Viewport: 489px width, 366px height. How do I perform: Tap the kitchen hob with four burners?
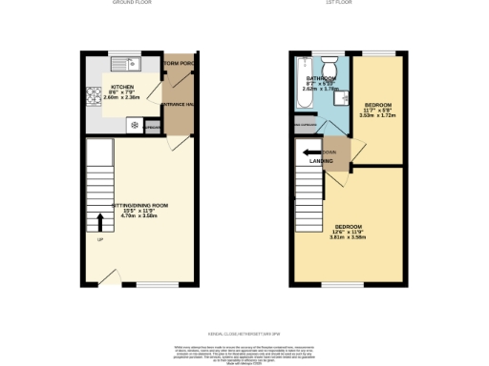[x=95, y=95]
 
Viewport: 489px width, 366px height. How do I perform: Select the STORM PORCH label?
[x=180, y=64]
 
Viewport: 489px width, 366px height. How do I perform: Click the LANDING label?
[x=320, y=161]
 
